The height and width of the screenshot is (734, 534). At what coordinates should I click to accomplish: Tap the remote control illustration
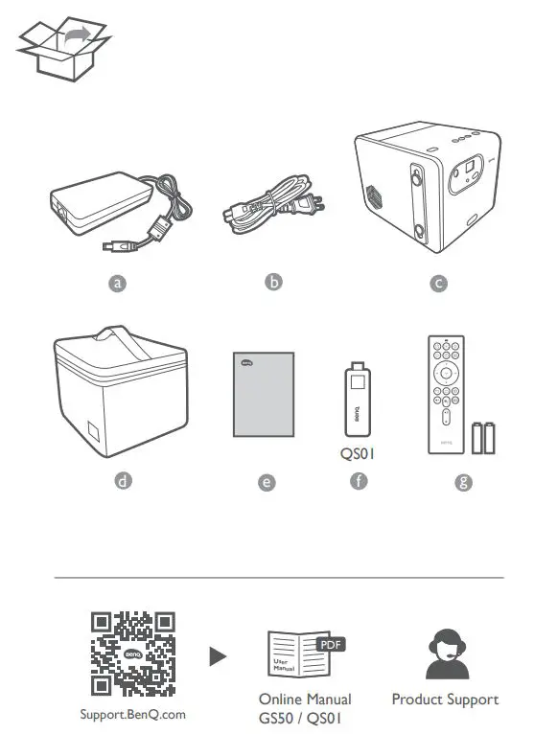click(444, 394)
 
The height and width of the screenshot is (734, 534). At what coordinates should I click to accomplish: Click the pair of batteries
click(484, 437)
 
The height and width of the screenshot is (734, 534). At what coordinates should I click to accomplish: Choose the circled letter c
click(439, 283)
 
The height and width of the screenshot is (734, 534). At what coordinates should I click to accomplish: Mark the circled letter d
click(122, 481)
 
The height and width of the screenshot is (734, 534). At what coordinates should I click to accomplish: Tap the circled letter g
click(464, 482)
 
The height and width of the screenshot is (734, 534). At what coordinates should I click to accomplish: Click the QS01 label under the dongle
click(357, 457)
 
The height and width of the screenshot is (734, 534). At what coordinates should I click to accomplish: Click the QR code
click(133, 653)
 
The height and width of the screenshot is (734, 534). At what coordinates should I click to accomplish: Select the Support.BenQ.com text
click(133, 715)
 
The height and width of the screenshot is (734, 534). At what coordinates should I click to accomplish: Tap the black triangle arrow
click(219, 656)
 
